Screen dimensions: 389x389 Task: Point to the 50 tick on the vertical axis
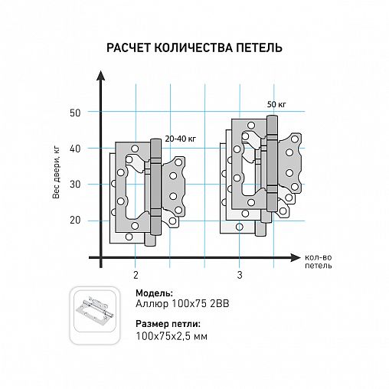[x=75, y=113]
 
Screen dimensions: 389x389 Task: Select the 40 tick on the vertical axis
[x=75, y=149]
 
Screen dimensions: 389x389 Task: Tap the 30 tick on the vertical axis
[x=75, y=185]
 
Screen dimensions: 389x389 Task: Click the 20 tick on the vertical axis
[x=75, y=221]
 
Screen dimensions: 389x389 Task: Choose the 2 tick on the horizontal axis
[x=136, y=274]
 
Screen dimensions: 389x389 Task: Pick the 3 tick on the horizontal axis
[x=240, y=274]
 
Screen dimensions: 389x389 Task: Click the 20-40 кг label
[x=181, y=137]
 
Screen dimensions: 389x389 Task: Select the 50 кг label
[x=276, y=103]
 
